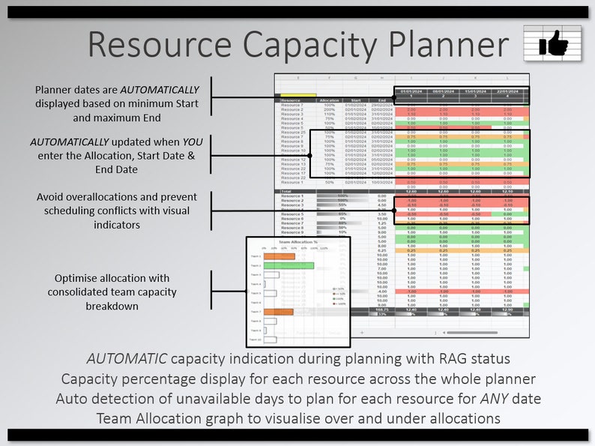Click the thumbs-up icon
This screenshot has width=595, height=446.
pyautogui.click(x=554, y=43)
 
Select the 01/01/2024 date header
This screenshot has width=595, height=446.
pyautogui.click(x=411, y=91)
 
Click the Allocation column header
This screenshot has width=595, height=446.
pyautogui.click(x=329, y=100)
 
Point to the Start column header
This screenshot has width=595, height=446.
pyautogui.click(x=355, y=100)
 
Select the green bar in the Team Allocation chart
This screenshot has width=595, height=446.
pyautogui.click(x=289, y=265)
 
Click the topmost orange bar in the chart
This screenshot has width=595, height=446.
pyautogui.click(x=279, y=256)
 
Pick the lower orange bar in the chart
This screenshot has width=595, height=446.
pyautogui.click(x=278, y=312)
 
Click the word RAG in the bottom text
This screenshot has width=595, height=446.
pyautogui.click(x=447, y=359)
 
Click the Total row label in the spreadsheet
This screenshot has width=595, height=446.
pyautogui.click(x=287, y=191)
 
